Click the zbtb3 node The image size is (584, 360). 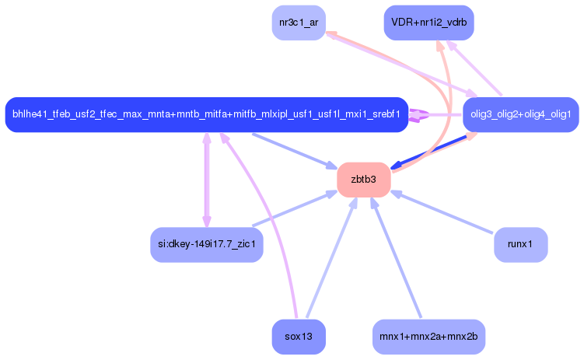coord(363,180)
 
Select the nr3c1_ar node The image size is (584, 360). coord(299,23)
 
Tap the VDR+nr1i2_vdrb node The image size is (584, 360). coord(428,23)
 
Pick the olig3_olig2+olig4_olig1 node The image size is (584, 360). coord(521,114)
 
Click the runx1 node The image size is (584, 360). coord(521,245)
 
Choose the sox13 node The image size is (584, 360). coord(299,337)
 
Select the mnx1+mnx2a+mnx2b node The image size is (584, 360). coord(428,337)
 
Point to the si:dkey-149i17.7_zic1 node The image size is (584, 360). coord(207,245)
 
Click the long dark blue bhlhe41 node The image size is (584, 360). coord(207,114)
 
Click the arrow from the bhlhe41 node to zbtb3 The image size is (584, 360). coord(295,151)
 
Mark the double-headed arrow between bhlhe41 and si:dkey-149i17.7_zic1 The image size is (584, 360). coord(207,180)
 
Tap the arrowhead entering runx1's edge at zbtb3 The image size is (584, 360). coord(396,194)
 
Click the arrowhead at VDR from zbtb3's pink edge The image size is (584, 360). coord(440,46)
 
